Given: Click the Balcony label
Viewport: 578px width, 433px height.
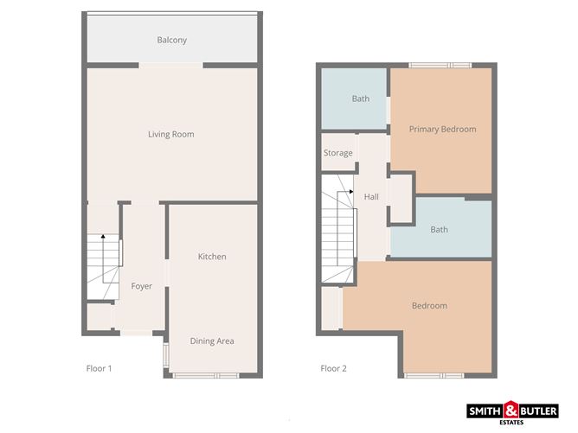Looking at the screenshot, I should pos(171,40).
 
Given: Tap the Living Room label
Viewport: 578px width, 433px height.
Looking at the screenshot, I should pos(170,134).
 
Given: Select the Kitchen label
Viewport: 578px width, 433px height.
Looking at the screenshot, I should pos(212,257).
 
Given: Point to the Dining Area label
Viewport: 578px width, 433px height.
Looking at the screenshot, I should pos(212,341).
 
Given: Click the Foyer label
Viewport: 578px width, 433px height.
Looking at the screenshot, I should pos(141,286).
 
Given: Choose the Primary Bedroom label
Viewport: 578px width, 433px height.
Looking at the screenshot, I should pos(442,129).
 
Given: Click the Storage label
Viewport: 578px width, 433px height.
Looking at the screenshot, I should pos(337,153).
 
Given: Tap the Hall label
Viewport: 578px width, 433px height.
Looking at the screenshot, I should pos(371,197).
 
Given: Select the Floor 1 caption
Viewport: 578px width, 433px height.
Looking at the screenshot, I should pos(99,368).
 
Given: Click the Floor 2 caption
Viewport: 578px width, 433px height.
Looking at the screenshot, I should pos(333,368).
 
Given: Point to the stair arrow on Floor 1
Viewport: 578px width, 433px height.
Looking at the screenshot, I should pos(102,237).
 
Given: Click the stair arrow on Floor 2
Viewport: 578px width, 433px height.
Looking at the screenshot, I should pos(350,192).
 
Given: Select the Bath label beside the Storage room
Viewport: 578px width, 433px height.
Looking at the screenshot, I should pos(360,99).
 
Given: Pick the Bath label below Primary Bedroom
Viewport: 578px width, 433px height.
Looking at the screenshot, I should pos(440,229).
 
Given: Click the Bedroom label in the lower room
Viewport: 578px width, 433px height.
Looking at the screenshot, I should pos(429,306).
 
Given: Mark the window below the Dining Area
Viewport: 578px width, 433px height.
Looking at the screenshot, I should pos(205,375).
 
